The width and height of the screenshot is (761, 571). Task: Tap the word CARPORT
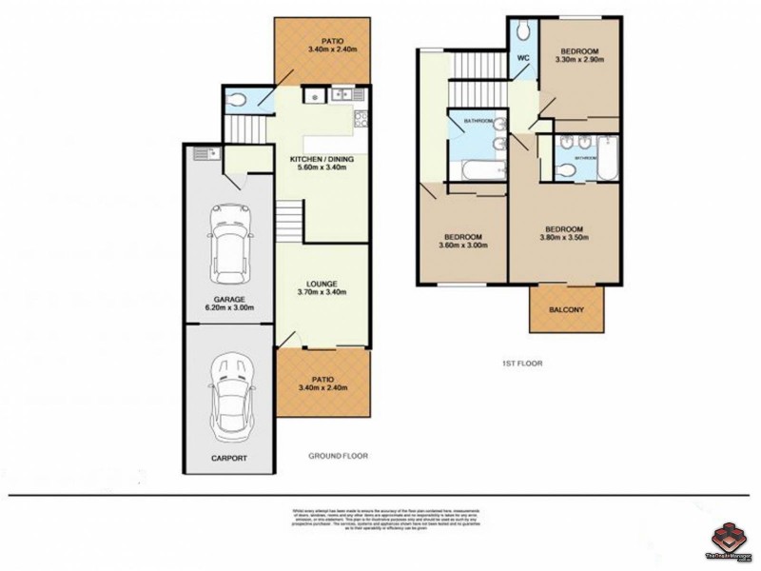[228, 459]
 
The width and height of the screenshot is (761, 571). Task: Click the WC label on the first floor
[522, 59]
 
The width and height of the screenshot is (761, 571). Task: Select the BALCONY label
[566, 310]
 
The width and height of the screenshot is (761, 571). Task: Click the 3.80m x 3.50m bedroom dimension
[563, 239]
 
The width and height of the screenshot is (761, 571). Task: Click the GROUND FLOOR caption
[340, 456]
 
